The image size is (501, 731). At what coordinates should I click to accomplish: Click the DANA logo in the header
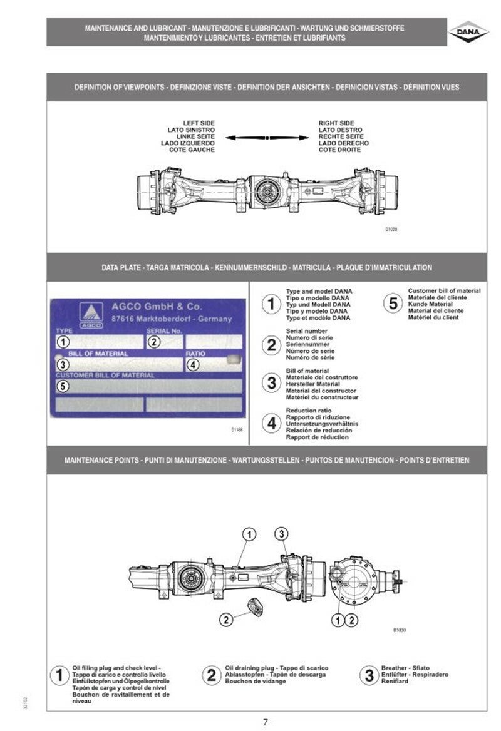point(468,32)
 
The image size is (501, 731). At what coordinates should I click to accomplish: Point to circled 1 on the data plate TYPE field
point(63,342)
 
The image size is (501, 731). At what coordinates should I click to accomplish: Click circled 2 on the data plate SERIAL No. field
point(154,342)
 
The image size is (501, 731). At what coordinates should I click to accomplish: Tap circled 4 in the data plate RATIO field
point(194,364)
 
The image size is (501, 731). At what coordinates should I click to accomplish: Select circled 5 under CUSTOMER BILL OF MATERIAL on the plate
point(63,386)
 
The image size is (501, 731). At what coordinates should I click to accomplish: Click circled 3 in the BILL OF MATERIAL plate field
point(63,364)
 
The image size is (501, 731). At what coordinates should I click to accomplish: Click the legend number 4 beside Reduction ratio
point(271,424)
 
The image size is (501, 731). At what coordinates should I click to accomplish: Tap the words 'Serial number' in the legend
point(306,330)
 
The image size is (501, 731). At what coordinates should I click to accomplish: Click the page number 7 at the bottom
point(266,722)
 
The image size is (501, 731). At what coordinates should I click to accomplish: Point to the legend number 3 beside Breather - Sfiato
point(369,675)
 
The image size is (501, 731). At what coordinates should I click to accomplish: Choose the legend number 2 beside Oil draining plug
point(212,675)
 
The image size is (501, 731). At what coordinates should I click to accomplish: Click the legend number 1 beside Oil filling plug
point(59,675)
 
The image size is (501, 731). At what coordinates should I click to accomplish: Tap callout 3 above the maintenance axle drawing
point(282,533)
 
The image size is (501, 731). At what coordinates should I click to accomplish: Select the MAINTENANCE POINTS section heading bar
point(267,460)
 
